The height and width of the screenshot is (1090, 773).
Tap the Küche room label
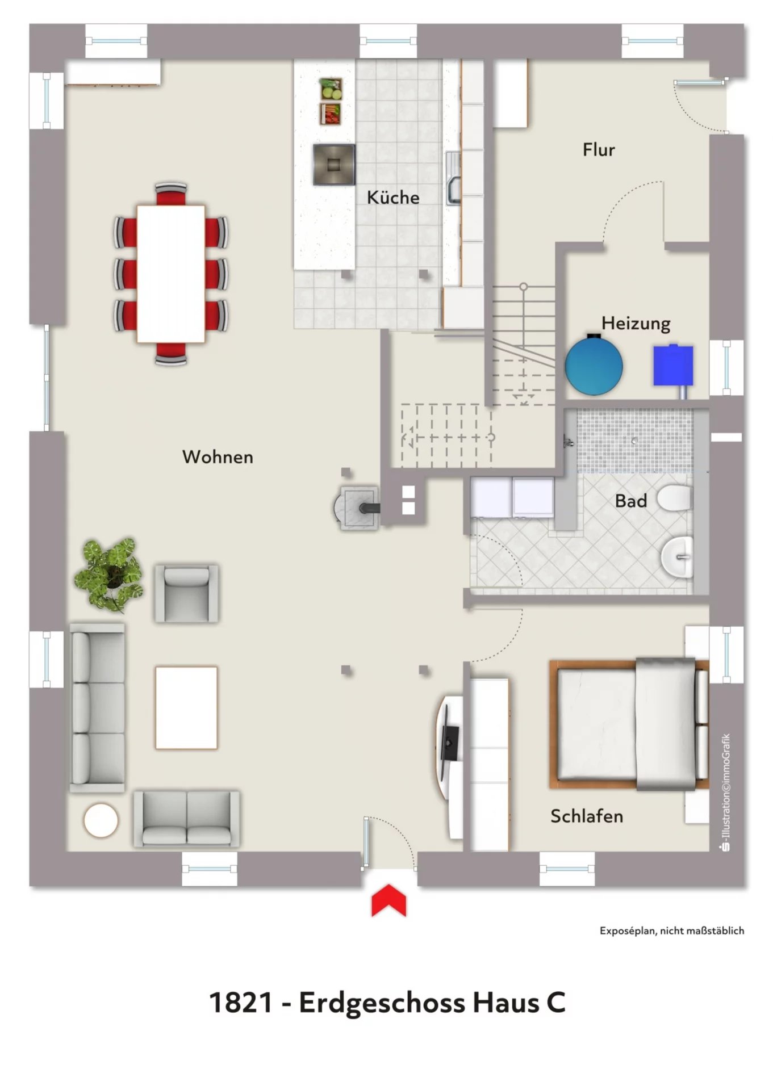393,197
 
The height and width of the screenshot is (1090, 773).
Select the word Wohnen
218,457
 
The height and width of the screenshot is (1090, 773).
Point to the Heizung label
636,324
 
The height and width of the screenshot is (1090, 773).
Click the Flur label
599,149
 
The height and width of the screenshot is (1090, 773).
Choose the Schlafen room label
587,816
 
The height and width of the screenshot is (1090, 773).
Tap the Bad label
631,501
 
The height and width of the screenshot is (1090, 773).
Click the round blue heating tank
594,366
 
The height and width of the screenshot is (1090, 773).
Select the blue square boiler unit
673,366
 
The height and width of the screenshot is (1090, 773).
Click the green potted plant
108,575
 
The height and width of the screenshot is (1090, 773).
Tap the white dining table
171,274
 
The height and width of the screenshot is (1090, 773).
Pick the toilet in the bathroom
675,498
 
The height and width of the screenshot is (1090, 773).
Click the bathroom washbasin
678,557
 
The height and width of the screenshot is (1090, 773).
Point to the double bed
629,724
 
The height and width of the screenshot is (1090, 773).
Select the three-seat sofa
97,707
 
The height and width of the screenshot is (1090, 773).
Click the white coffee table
186,708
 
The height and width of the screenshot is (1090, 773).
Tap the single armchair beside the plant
186,593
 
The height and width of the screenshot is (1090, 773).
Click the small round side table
101,820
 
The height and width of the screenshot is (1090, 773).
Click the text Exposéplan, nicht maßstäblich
672,930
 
